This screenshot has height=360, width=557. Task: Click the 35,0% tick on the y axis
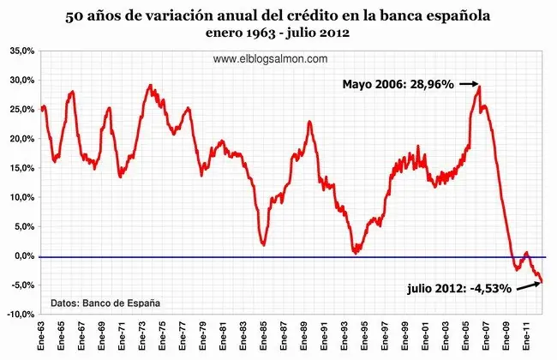(x=21, y=51)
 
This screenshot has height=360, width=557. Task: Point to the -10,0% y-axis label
(x=20, y=315)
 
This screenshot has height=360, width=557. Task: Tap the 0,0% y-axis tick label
(x=23, y=256)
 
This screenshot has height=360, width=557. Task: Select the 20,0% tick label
(x=21, y=139)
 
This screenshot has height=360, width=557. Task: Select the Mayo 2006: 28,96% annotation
(x=398, y=84)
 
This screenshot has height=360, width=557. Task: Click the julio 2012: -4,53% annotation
(x=459, y=288)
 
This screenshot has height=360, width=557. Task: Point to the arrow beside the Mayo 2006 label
(x=468, y=84)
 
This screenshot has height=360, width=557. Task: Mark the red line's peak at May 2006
(x=479, y=85)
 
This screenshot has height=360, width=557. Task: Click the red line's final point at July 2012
(x=542, y=281)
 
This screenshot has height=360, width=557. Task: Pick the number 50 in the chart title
(x=75, y=15)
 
